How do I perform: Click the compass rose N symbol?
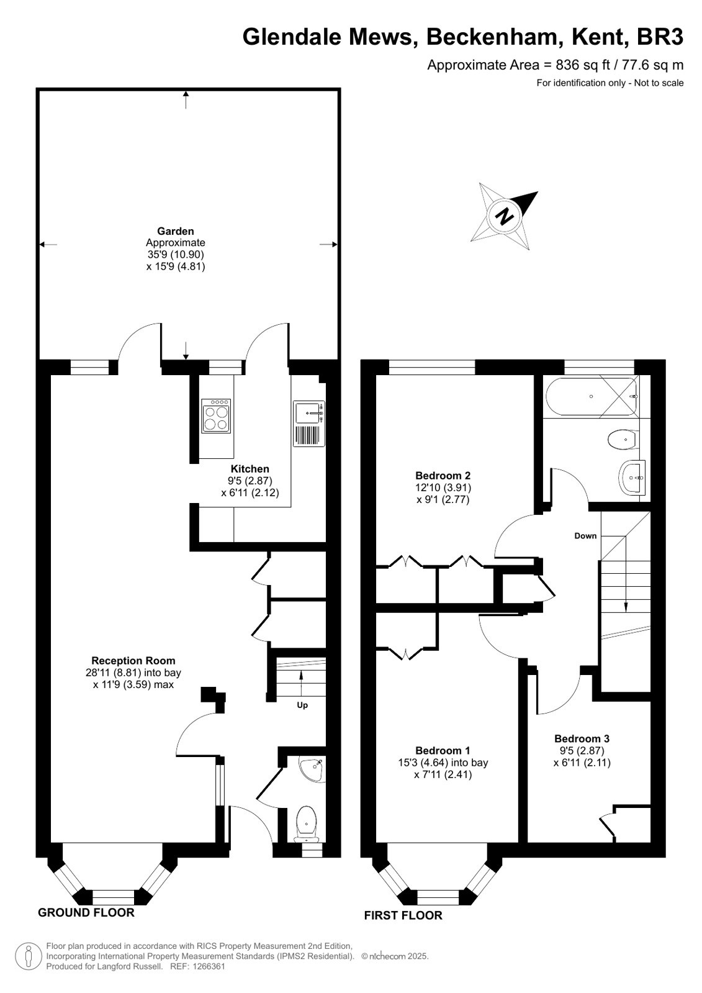pos(504,216)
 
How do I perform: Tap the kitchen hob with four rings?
pos(216,415)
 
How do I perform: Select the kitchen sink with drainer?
pos(309,424)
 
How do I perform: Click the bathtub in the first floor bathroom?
pos(592,396)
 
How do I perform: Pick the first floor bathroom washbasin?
pos(631,478)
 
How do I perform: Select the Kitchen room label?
pos(250,469)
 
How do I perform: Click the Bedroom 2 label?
pos(443,476)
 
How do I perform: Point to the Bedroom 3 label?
pos(582,738)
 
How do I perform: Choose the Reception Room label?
pos(133,661)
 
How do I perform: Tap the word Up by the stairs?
pos(302,705)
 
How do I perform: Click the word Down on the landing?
pos(585,535)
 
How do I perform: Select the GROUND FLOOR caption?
pos(86,912)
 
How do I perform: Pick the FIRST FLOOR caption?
pos(403,915)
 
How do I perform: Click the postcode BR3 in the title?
pos(660,37)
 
